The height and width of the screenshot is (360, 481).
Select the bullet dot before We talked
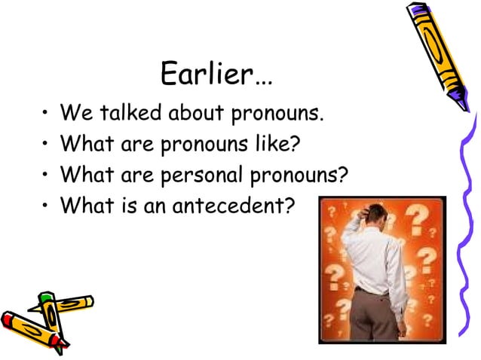46,115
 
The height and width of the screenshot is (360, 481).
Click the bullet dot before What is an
46,205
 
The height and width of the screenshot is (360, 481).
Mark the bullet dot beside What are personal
46,175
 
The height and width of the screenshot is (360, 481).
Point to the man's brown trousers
376,316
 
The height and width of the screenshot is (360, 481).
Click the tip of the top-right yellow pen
467,107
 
